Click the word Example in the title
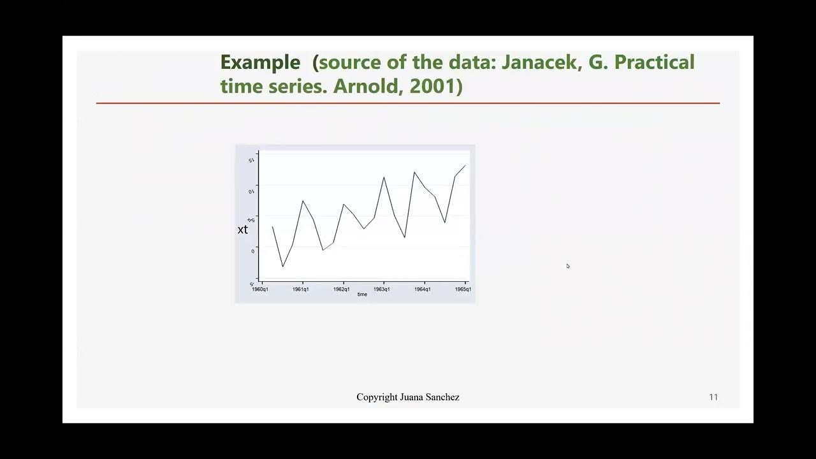click(260, 62)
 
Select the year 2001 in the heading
click(433, 86)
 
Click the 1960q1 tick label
click(260, 289)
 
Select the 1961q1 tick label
click(301, 289)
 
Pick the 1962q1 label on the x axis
click(342, 289)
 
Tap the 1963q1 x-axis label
click(382, 289)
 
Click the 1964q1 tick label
click(423, 289)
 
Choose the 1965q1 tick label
click(463, 289)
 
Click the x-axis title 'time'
click(362, 295)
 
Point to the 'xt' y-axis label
click(242, 229)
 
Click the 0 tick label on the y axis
click(253, 251)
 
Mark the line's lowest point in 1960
click(282, 266)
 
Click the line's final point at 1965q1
click(465, 166)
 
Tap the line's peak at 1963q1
click(384, 177)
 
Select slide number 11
click(713, 397)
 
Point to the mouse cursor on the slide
click(567, 266)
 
